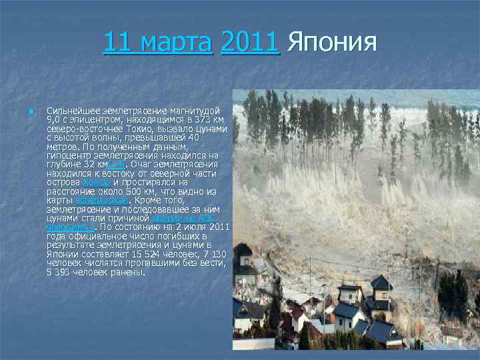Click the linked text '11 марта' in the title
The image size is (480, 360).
pyautogui.click(x=157, y=43)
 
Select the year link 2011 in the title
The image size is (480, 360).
pyautogui.click(x=249, y=43)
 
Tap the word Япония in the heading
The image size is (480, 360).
pyautogui.click(x=332, y=43)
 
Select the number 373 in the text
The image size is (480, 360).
pyautogui.click(x=187, y=119)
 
